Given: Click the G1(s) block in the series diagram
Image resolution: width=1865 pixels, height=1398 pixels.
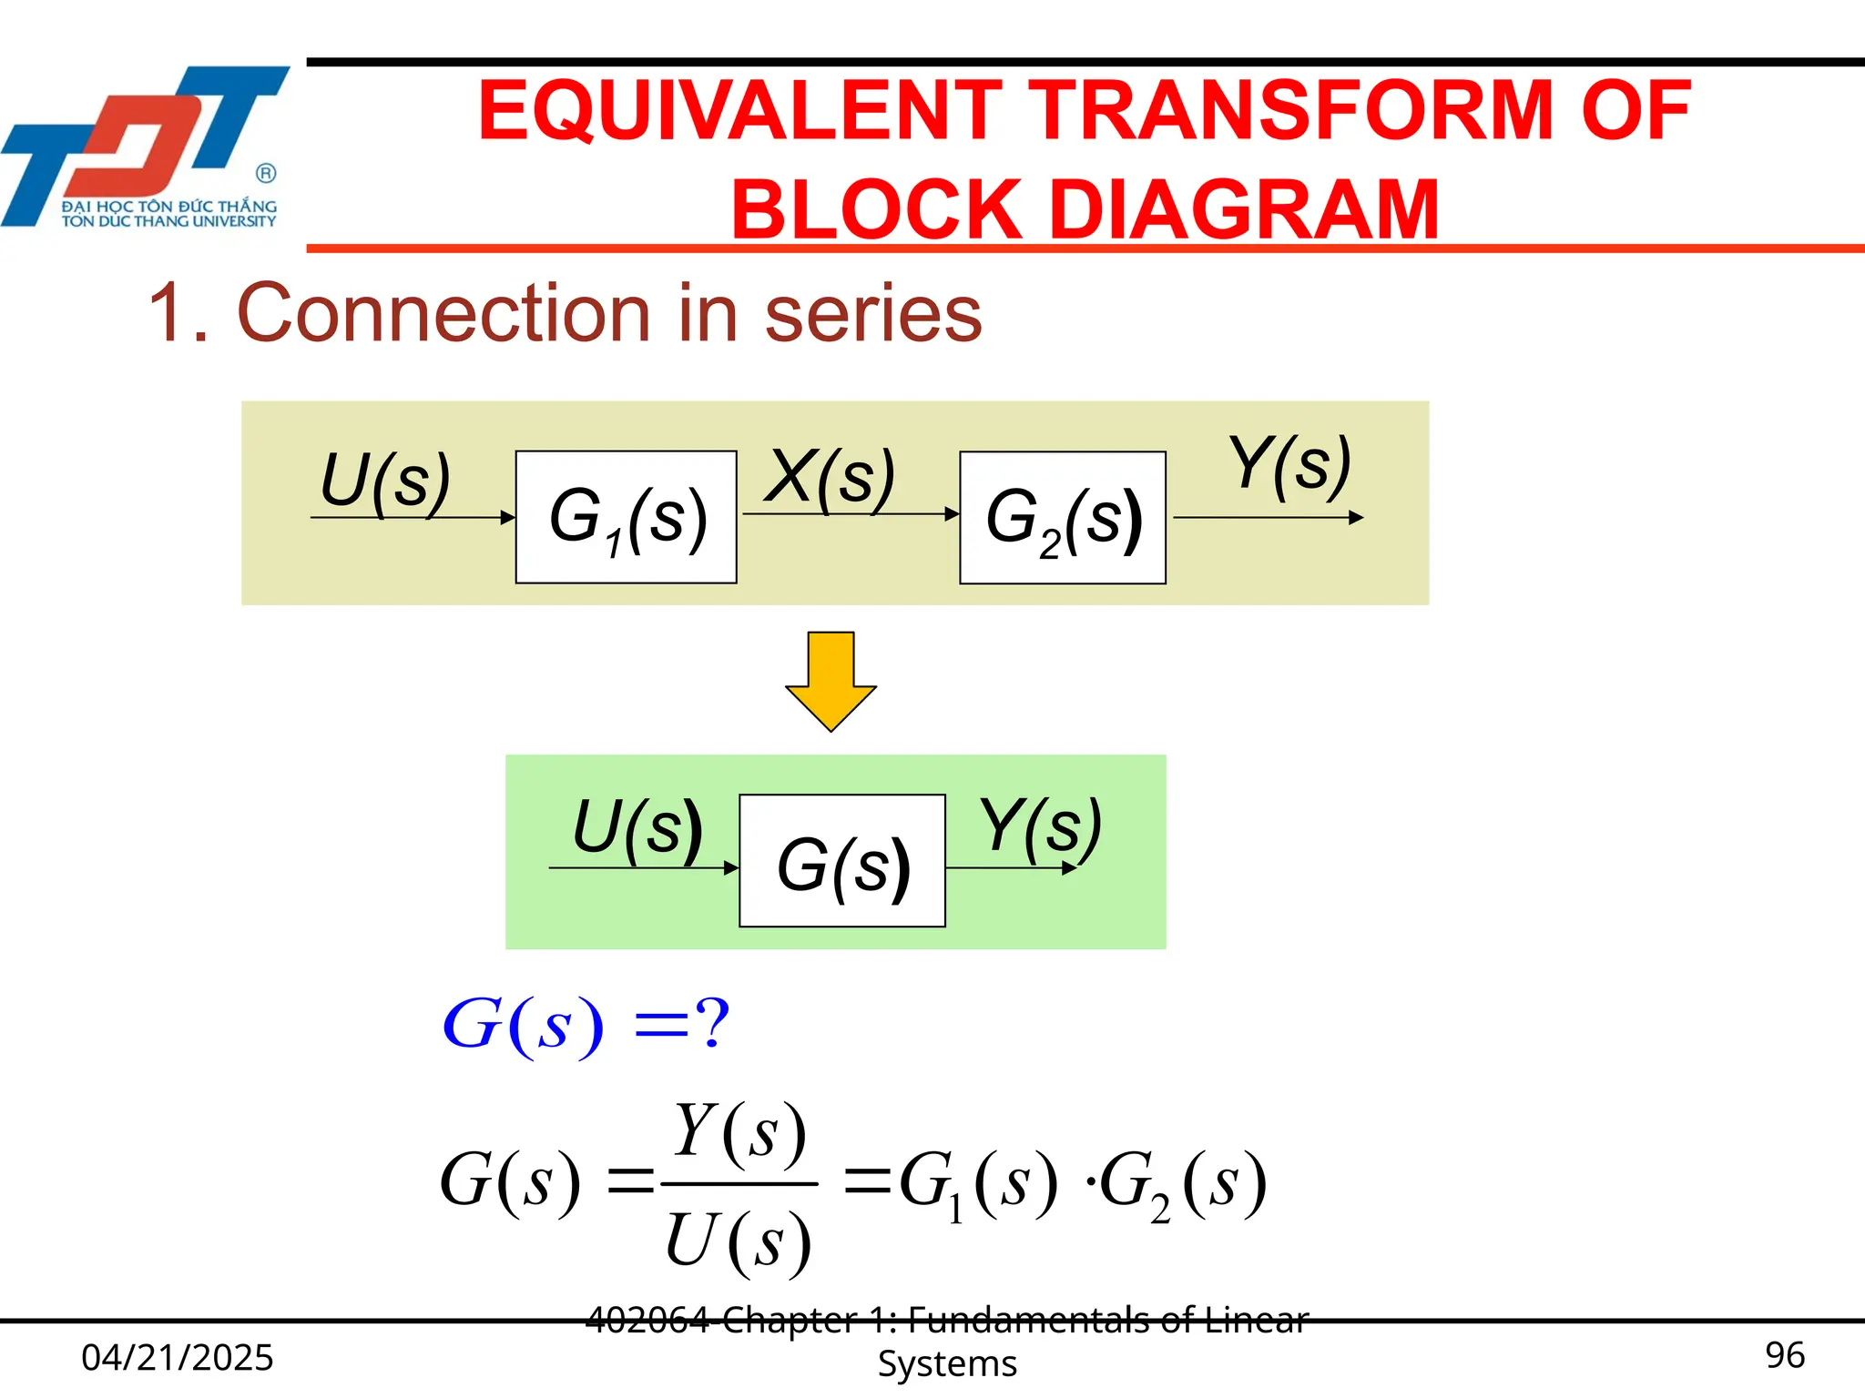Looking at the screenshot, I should (627, 517).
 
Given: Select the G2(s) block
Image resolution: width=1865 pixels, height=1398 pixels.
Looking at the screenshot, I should (1063, 518).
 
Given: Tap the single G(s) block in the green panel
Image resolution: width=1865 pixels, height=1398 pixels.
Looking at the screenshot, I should (842, 861).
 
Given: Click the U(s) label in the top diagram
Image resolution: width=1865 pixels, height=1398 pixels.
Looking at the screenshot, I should (386, 481).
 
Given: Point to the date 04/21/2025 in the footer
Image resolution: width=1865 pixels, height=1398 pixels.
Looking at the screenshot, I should (178, 1357).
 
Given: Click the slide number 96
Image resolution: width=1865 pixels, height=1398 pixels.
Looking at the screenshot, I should (1784, 1355).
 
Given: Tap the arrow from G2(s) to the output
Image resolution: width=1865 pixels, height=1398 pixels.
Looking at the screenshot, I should (1268, 518).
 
